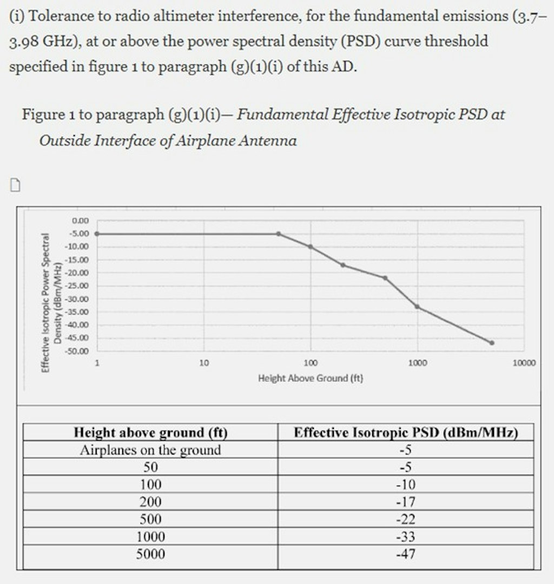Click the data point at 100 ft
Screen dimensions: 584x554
click(311, 247)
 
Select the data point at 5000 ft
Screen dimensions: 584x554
click(492, 343)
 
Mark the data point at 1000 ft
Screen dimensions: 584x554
click(417, 307)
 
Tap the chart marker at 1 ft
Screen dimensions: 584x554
click(97, 234)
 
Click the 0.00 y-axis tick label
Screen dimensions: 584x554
click(80, 221)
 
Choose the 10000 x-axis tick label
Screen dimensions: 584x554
click(524, 363)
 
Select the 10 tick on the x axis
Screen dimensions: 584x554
click(204, 363)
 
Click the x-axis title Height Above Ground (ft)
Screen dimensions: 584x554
click(311, 378)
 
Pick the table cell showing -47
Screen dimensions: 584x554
click(406, 554)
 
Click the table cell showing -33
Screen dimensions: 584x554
click(406, 536)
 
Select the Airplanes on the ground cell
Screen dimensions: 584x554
click(150, 450)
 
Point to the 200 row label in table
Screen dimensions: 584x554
click(150, 502)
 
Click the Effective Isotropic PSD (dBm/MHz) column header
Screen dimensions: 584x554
click(406, 433)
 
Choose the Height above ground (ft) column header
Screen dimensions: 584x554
click(150, 433)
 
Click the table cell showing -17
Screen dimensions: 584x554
click(406, 502)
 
